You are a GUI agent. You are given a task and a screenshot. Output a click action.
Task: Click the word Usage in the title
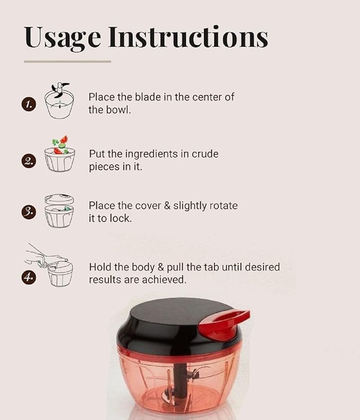click(62, 38)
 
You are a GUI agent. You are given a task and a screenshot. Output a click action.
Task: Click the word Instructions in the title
click(188, 37)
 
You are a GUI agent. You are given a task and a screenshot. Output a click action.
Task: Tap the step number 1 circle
click(29, 104)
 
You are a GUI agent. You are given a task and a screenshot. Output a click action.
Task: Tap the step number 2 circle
click(29, 161)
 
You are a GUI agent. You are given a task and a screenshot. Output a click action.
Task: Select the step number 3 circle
click(29, 212)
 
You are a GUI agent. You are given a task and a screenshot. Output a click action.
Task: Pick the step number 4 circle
click(29, 277)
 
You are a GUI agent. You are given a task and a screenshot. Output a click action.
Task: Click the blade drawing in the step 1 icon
click(59, 90)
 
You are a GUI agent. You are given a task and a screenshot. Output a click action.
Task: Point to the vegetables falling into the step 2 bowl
click(60, 145)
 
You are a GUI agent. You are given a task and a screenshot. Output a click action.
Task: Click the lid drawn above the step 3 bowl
click(59, 199)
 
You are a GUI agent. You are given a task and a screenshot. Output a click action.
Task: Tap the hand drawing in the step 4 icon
click(46, 256)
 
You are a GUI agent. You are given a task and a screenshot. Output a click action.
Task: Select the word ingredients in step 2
click(151, 154)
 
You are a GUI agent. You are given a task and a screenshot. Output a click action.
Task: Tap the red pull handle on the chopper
click(224, 325)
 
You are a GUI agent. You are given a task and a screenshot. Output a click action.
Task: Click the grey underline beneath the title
click(67, 62)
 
